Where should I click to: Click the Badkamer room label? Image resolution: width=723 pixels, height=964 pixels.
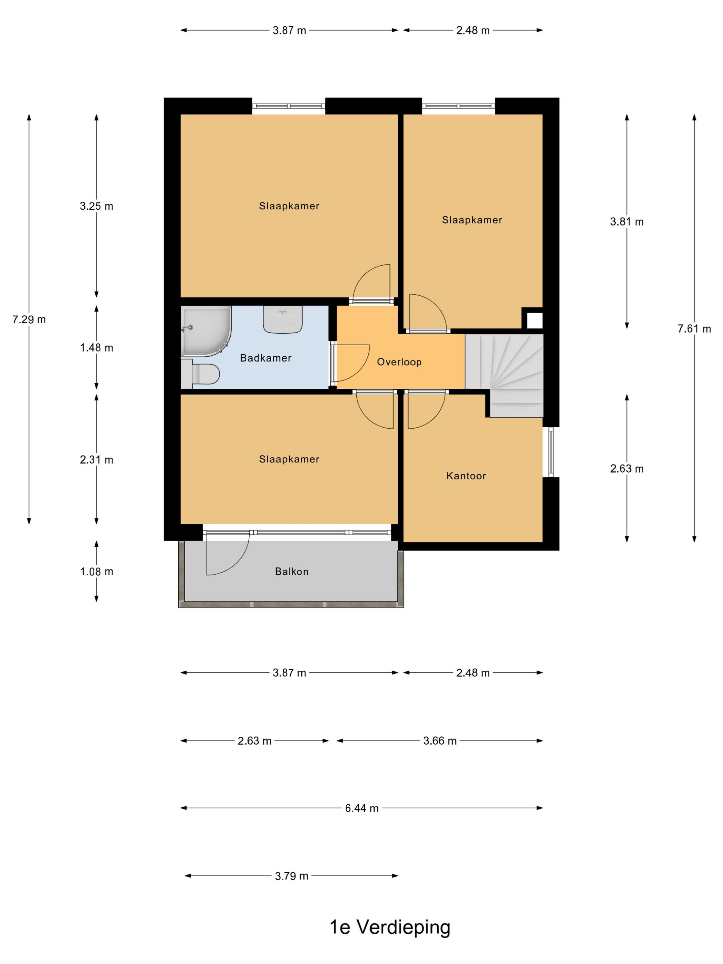[x=265, y=358]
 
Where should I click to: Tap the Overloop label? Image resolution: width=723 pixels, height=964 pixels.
[x=399, y=362]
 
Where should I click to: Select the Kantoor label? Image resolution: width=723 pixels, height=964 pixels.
[x=466, y=476]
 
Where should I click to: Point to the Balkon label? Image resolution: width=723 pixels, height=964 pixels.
[x=292, y=571]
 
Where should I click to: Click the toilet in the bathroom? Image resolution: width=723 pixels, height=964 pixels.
[x=200, y=374]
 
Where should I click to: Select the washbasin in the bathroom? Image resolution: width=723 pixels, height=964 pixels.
[x=283, y=319]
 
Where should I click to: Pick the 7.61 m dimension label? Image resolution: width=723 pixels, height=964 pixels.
[x=694, y=328]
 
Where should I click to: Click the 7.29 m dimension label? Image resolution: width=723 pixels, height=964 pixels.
[x=29, y=319]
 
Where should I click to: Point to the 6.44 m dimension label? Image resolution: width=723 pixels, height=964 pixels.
[x=362, y=808]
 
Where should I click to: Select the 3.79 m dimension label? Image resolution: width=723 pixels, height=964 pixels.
[x=292, y=876]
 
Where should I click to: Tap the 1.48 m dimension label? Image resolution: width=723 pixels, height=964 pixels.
[x=96, y=348]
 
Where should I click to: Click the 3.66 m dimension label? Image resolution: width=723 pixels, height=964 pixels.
[x=440, y=741]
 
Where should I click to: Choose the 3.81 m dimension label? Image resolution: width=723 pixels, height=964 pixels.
[x=627, y=222]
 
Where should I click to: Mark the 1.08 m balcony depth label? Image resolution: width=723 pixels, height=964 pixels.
[x=96, y=571]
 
